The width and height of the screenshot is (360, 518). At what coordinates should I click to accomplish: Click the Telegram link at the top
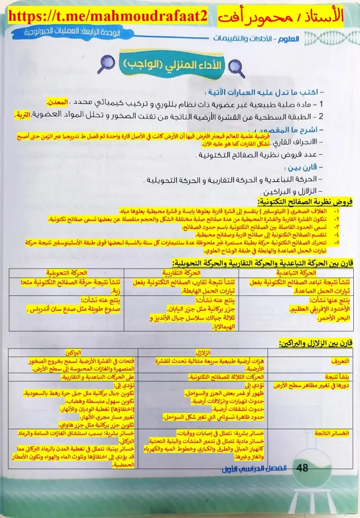(x=108, y=17)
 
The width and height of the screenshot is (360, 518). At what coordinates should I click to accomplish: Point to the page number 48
(x=303, y=468)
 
